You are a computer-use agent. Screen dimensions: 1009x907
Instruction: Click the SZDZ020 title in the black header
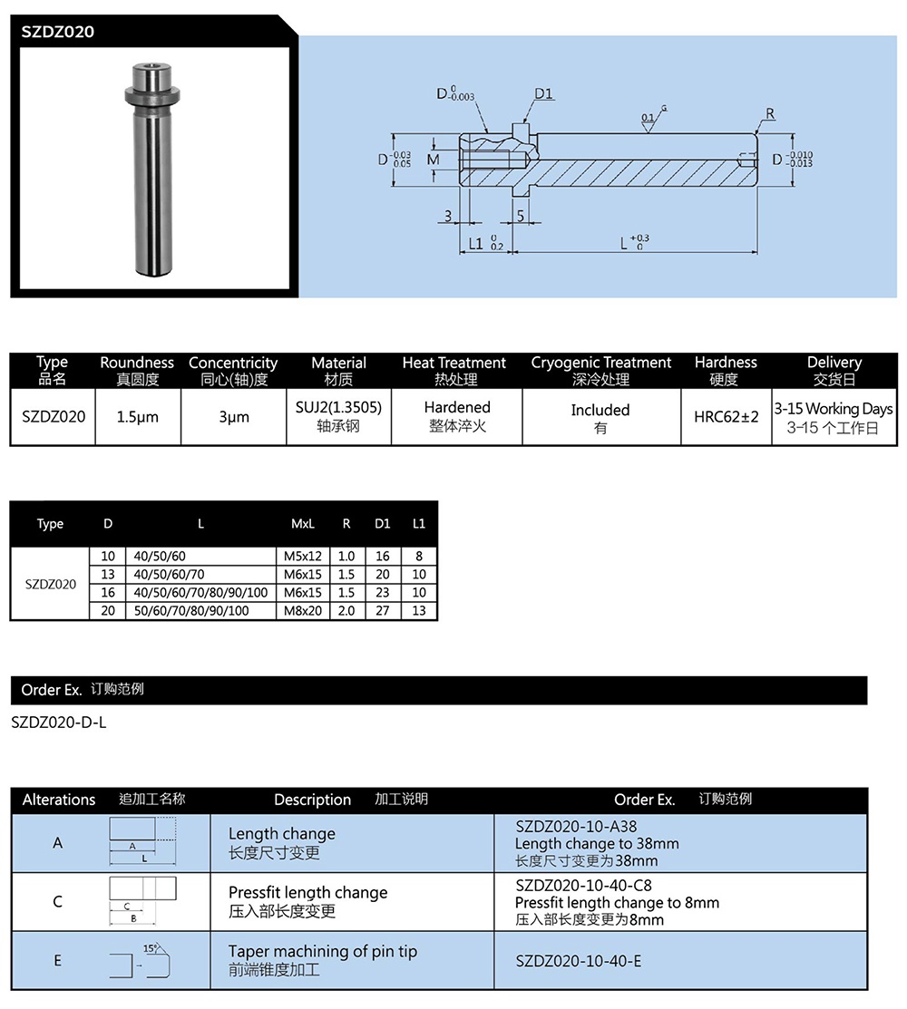(x=58, y=32)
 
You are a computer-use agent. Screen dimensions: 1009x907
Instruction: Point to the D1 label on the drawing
(x=544, y=93)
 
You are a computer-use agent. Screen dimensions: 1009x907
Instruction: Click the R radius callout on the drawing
(x=770, y=113)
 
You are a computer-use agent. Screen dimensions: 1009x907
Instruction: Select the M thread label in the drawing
(x=433, y=160)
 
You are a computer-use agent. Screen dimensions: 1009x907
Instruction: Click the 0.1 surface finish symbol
(x=649, y=119)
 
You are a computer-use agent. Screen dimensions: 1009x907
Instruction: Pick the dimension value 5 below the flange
(x=521, y=215)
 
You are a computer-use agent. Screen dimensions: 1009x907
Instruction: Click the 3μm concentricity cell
(x=233, y=417)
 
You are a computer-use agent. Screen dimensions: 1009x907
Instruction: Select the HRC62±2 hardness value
(x=726, y=417)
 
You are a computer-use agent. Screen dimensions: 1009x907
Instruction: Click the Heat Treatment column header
(x=454, y=370)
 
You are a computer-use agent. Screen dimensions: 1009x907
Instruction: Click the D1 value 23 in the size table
(x=382, y=593)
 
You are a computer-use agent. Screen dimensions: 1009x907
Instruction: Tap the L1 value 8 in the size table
(x=418, y=556)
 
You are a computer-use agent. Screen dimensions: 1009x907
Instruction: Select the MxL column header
(x=303, y=523)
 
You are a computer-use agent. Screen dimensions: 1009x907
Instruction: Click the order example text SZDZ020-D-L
(x=59, y=723)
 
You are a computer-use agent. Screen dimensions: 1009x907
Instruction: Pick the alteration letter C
(x=58, y=901)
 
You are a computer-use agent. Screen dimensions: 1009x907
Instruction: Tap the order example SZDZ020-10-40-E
(x=578, y=961)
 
